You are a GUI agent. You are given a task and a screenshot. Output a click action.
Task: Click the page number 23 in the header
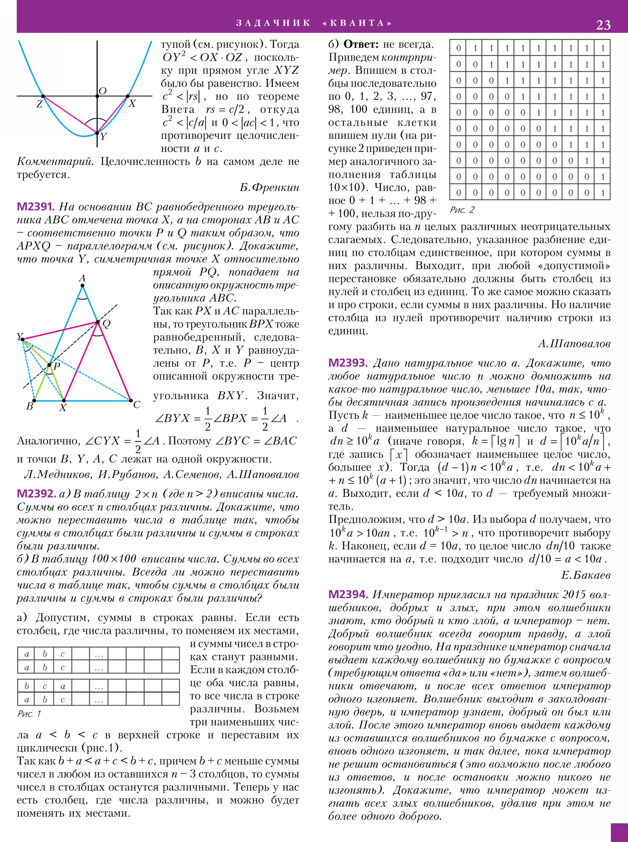(x=603, y=25)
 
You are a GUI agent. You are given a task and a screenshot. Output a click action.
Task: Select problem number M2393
(x=348, y=363)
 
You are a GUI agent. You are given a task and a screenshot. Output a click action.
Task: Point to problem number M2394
(x=348, y=594)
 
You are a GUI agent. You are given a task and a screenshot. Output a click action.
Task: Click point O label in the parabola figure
(x=102, y=91)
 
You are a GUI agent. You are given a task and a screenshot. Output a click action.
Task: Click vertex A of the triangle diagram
(x=83, y=285)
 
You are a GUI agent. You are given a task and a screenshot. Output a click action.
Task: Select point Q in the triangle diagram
(x=98, y=322)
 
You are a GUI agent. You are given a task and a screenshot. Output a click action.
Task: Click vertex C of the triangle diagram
(x=131, y=400)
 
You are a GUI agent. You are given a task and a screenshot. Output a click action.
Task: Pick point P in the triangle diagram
(x=49, y=365)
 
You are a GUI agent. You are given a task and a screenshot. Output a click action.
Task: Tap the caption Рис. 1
(x=29, y=714)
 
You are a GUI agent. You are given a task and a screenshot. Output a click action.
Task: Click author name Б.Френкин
(x=269, y=187)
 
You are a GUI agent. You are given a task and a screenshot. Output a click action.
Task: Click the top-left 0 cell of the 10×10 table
(x=458, y=48)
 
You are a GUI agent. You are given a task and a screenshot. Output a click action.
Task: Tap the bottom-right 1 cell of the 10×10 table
(x=603, y=193)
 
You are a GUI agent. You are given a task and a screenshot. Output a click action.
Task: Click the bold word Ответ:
(x=361, y=45)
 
